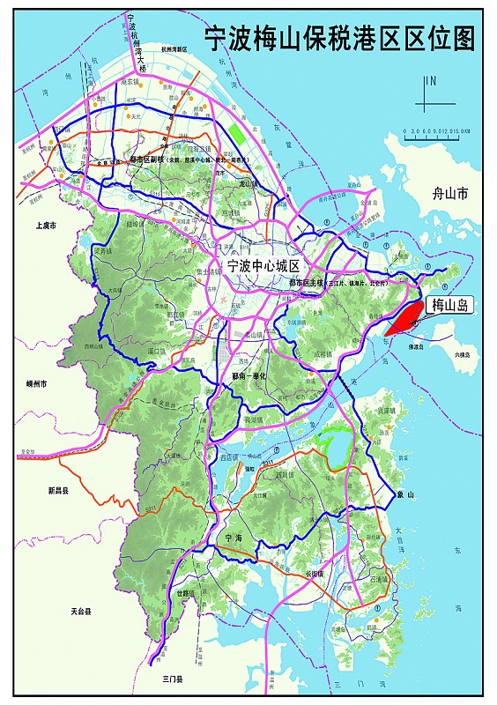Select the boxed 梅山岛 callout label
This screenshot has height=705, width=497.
click(450, 306)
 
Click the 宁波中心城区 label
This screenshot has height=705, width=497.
click(264, 265)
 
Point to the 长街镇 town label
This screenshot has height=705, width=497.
click(315, 573)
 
